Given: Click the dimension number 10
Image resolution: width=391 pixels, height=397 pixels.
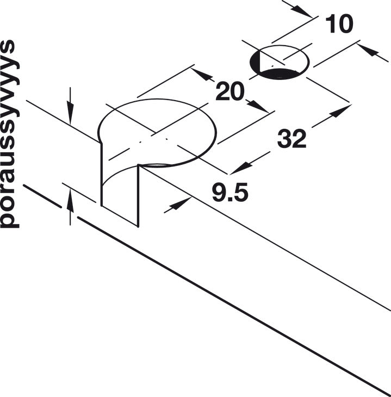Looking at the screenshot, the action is click(x=339, y=23).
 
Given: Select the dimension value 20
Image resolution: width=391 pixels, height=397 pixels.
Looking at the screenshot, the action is click(x=230, y=91).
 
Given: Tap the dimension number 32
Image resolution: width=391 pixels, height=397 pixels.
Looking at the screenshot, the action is click(x=291, y=139).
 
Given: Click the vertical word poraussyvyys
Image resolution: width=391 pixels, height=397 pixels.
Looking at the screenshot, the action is click(x=10, y=134).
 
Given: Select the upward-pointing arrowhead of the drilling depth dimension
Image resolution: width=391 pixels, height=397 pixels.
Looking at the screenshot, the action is click(x=70, y=201).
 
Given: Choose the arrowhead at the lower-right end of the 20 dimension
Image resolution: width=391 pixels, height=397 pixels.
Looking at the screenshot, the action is click(x=257, y=107).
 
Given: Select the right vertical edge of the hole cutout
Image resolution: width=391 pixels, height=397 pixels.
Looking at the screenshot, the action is click(x=138, y=196).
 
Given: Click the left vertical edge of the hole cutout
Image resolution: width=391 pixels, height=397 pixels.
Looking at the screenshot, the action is click(x=102, y=175).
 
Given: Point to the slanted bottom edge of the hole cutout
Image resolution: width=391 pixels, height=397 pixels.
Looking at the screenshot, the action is click(x=120, y=216).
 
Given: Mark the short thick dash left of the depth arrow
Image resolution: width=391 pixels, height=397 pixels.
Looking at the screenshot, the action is click(x=42, y=196).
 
